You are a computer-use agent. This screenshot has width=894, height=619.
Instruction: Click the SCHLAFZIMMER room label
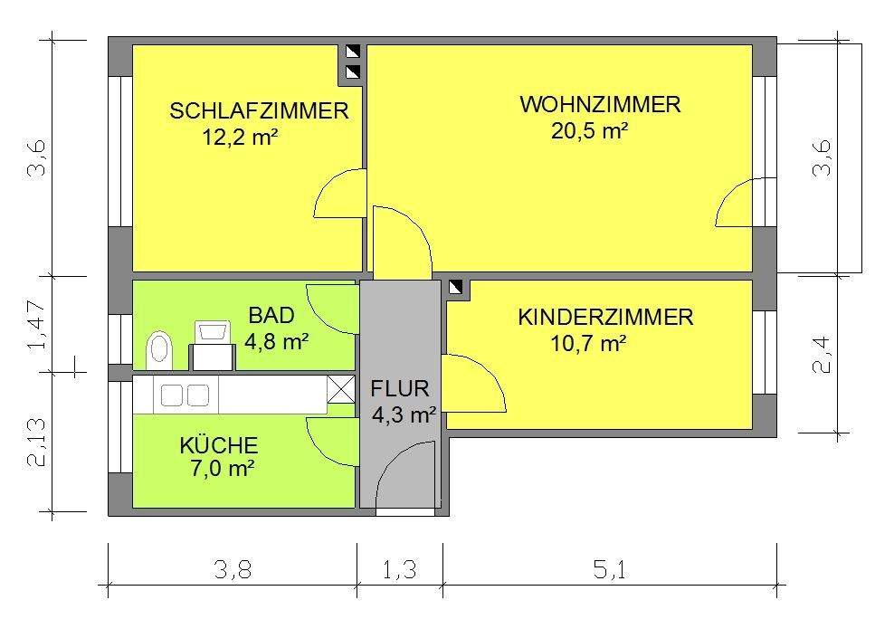pos(260,111)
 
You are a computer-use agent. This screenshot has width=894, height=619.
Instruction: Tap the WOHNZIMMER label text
pos(600,105)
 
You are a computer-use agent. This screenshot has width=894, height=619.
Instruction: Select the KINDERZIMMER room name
pos(605,318)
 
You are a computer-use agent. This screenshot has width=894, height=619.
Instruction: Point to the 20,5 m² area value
pos(590,131)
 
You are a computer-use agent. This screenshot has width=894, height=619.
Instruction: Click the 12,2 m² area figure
pos(241,138)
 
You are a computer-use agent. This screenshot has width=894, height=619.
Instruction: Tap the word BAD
pos(271,316)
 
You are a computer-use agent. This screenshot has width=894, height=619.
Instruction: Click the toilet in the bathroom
pos(160,348)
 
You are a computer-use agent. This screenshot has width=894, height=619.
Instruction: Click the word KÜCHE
pos(219,445)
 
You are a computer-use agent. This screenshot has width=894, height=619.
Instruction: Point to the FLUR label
pos(399,390)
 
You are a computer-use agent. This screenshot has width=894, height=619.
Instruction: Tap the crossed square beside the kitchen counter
pos(340,390)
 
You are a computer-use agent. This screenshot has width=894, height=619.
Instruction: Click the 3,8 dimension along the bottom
pos(233,570)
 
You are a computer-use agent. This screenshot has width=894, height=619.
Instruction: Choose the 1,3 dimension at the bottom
pos(399,570)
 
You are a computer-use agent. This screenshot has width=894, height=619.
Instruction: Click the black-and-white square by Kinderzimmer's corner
pos(458,288)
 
